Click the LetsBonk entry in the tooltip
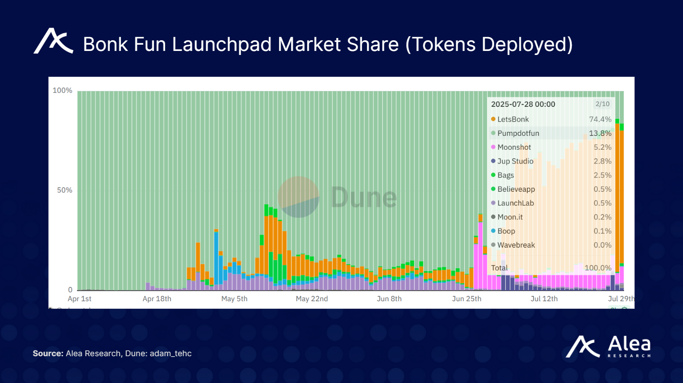tap(513, 119)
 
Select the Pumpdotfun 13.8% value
tap(600, 133)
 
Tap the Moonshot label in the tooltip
tap(514, 147)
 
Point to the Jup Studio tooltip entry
tap(515, 161)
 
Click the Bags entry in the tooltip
tap(505, 175)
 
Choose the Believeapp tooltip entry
tap(516, 189)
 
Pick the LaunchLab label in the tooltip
tap(516, 203)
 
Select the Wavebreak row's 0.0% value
tap(602, 245)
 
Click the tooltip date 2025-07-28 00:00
tap(523, 104)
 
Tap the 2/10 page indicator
tap(602, 104)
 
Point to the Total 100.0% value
tap(598, 268)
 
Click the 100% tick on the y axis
tap(62, 90)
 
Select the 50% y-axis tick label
tap(64, 190)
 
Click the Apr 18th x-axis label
tap(157, 299)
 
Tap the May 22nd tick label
tap(312, 299)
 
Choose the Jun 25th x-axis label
tap(466, 299)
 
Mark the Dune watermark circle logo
tap(299, 197)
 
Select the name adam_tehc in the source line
tap(171, 354)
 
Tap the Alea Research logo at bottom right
tap(608, 347)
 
